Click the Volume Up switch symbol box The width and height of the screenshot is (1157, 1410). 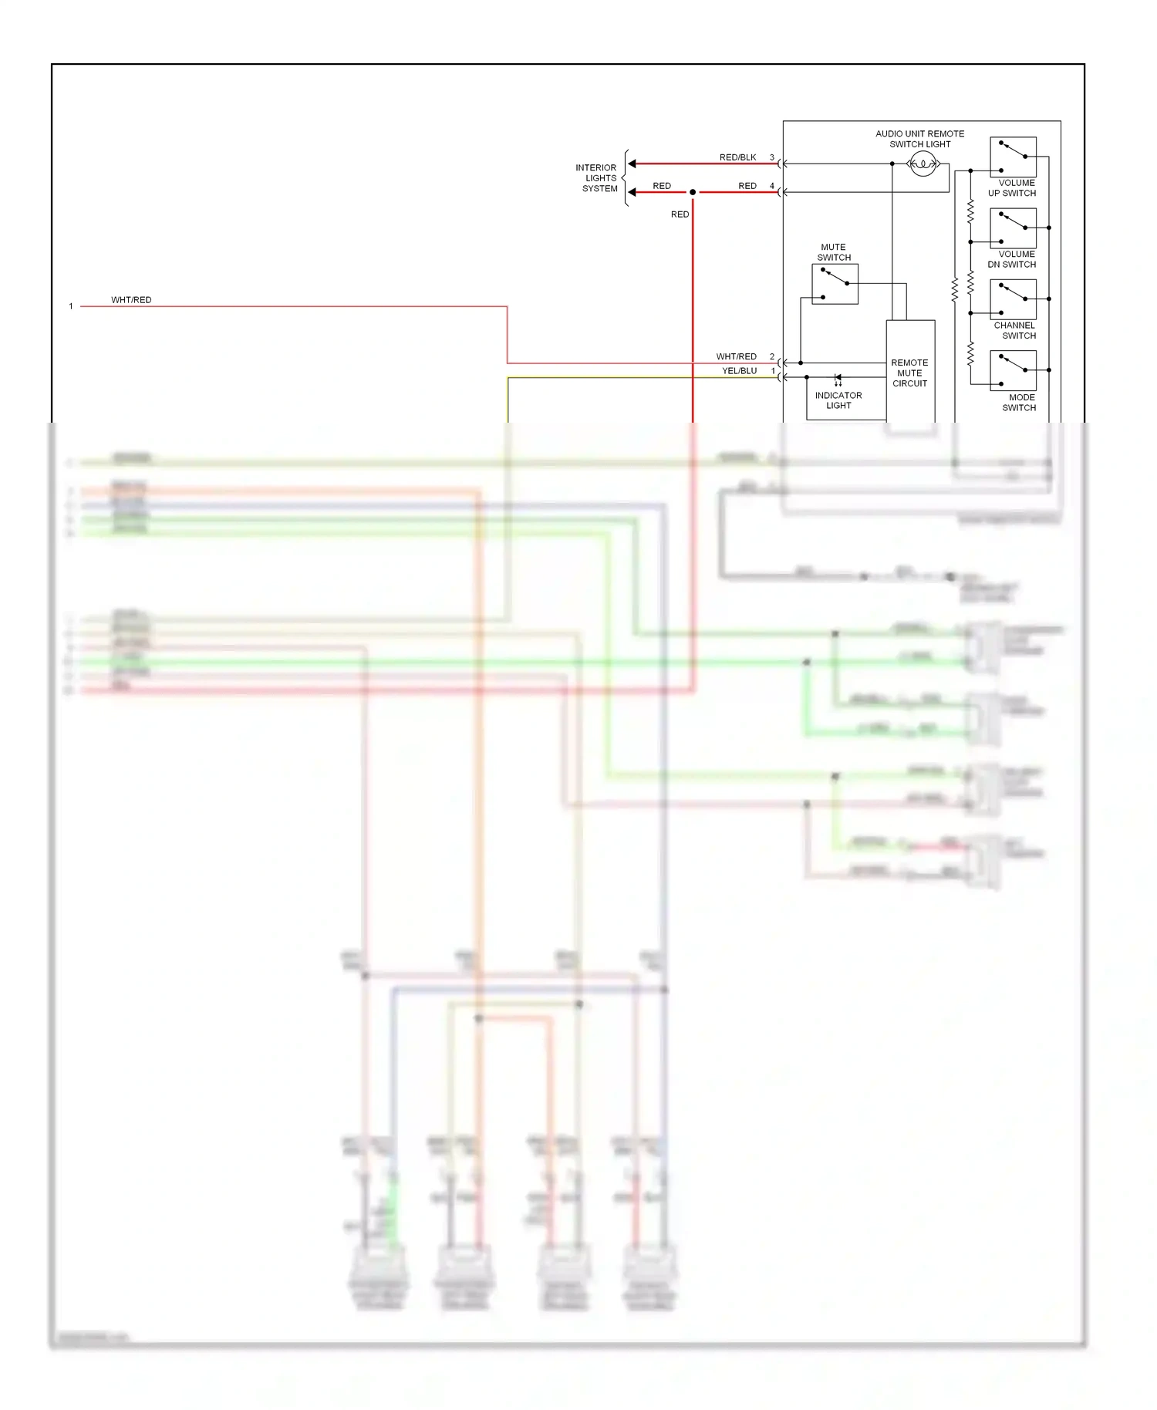click(1013, 157)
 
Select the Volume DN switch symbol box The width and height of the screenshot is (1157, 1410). click(1013, 228)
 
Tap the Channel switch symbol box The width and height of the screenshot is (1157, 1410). click(1013, 300)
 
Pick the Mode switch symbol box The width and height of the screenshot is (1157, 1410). click(1013, 371)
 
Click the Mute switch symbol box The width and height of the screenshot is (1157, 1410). click(835, 284)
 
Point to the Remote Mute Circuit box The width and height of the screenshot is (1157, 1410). click(910, 373)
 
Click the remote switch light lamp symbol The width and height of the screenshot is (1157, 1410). click(923, 164)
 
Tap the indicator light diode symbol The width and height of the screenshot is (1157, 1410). click(838, 378)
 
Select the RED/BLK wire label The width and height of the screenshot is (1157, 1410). click(737, 157)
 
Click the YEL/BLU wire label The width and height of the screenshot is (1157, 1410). click(739, 371)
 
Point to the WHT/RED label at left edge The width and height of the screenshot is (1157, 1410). click(131, 300)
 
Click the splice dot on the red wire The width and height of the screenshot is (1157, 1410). click(693, 192)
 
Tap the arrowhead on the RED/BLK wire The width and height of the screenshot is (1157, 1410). click(632, 164)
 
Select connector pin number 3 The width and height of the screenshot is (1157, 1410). click(771, 157)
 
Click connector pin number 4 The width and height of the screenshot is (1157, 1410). click(771, 186)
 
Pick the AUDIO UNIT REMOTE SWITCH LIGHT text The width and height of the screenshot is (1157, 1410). click(919, 139)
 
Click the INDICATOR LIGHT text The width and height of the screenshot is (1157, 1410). click(838, 400)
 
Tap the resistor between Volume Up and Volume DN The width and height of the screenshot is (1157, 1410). click(970, 211)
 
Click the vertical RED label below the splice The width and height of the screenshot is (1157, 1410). click(680, 214)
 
